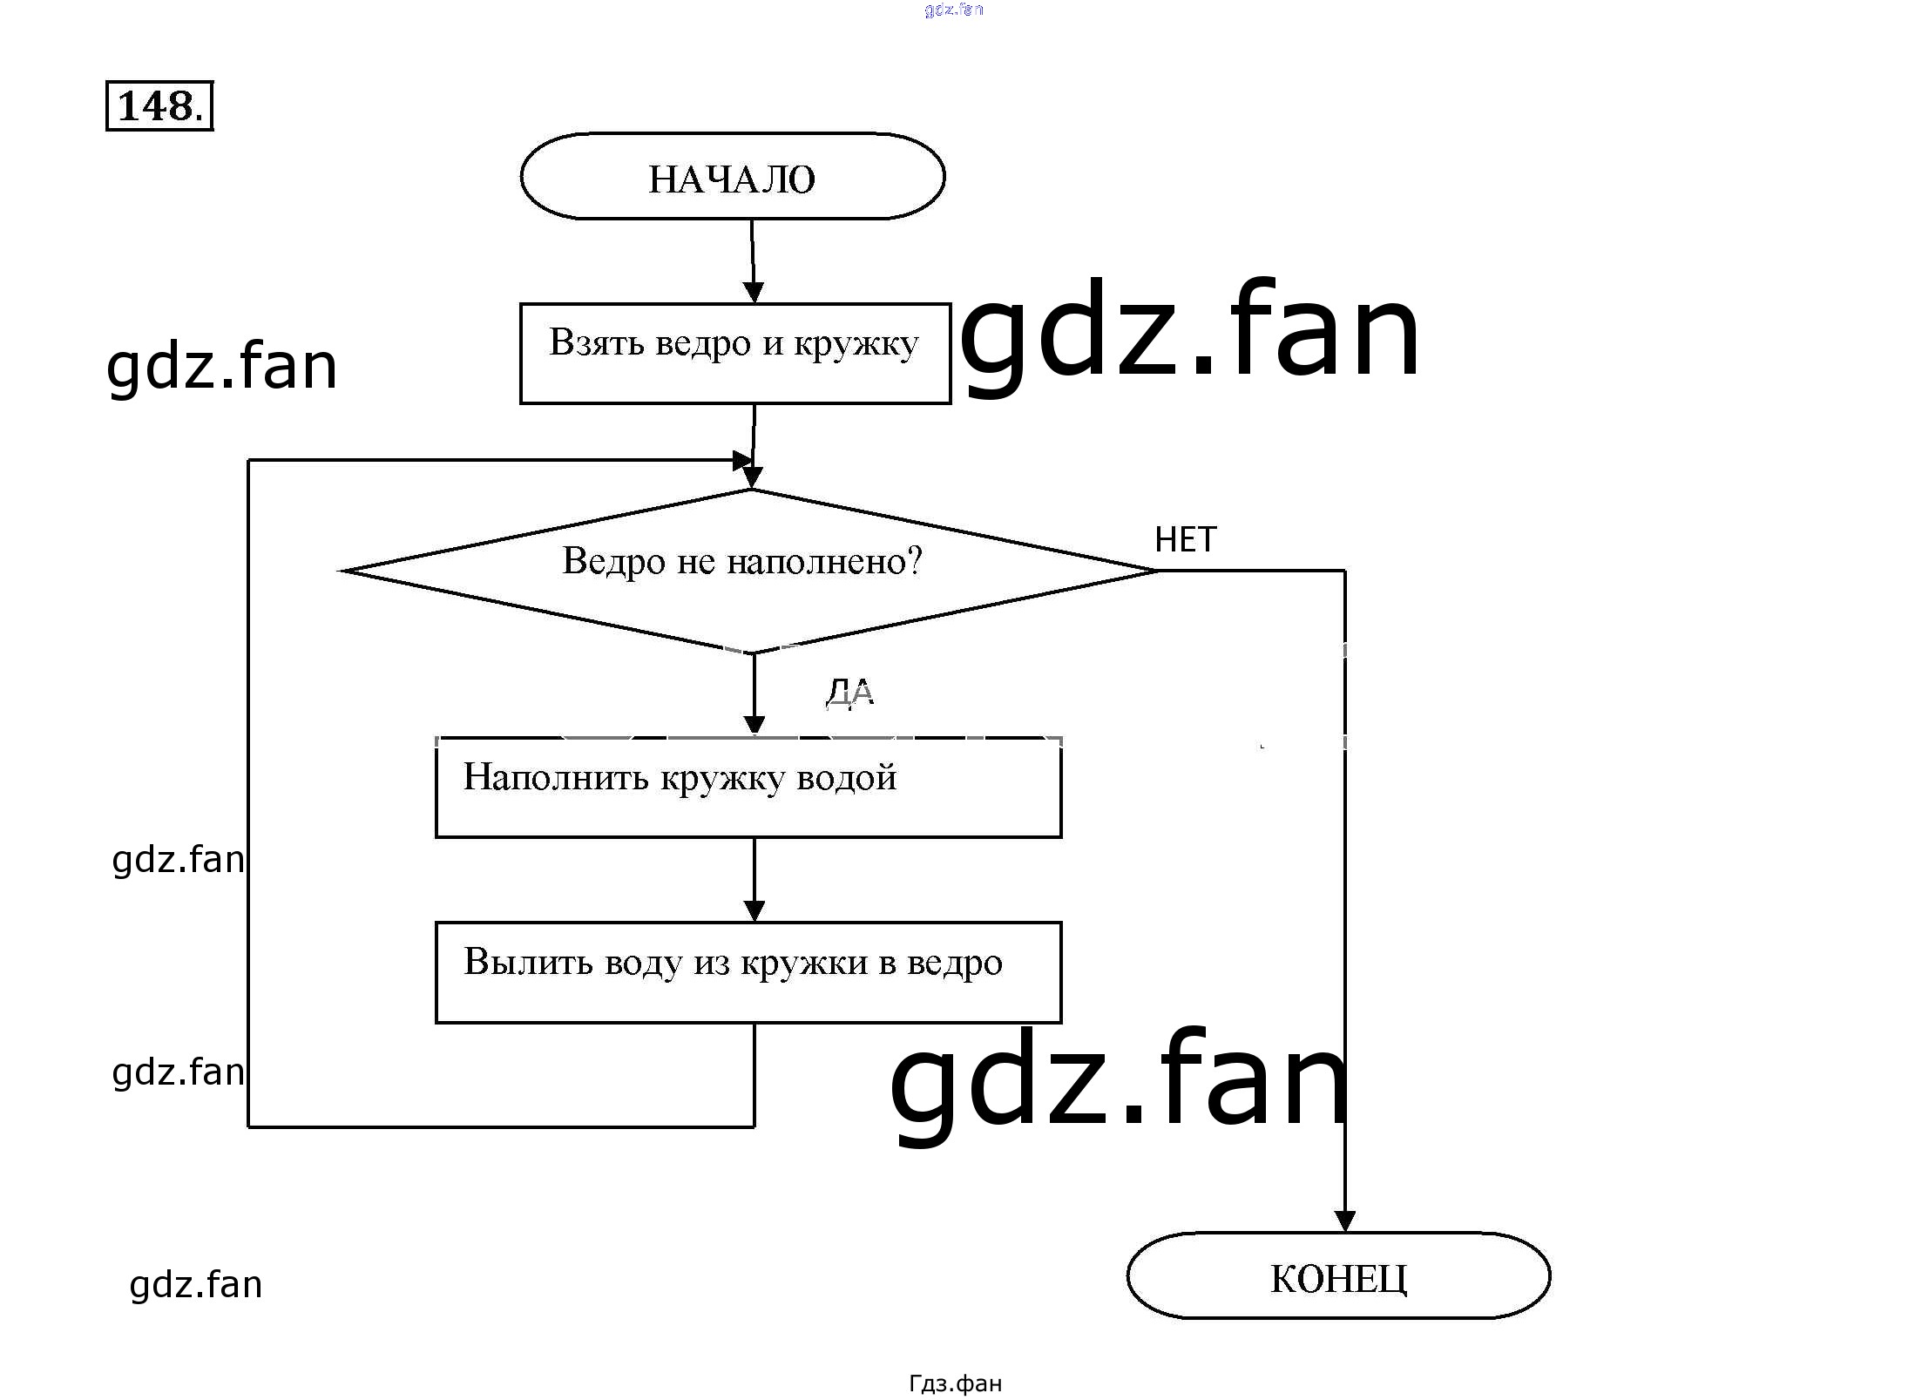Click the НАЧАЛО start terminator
pos(732,177)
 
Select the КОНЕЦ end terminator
pos(1338,1276)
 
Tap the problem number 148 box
pos(159,106)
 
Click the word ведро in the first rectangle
pos(702,343)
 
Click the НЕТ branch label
pos(1185,540)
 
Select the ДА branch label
pos(849,693)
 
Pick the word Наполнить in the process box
pos(555,776)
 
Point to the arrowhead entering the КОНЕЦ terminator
pos(1344,1221)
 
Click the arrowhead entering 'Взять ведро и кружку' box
pos(754,293)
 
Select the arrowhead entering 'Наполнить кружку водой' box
pos(754,726)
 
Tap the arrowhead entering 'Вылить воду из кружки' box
pos(754,911)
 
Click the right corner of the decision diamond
pos(1155,571)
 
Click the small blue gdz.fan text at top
pos(954,10)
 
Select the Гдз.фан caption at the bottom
pos(955,1383)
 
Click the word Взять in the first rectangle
pos(597,342)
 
